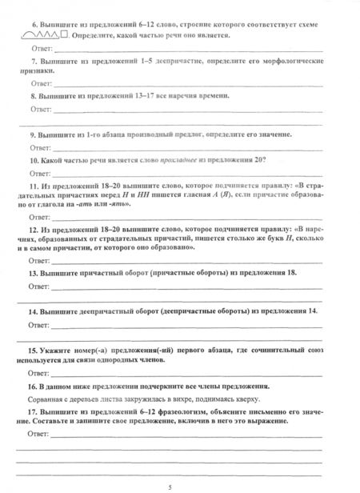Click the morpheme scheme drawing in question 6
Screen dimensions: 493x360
pyautogui.click(x=48, y=36)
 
